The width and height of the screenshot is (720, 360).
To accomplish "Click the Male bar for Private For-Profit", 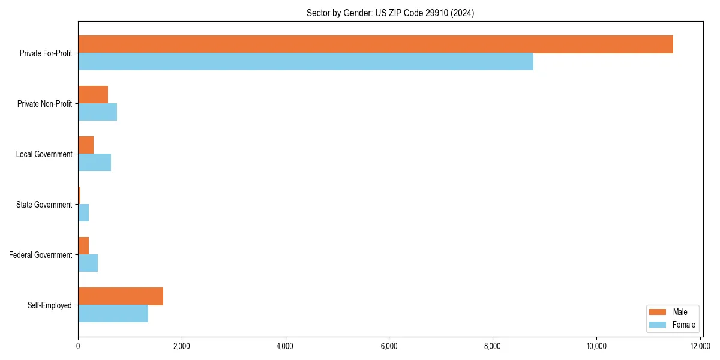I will click(376, 44).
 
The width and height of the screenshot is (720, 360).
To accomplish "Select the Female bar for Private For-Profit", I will click(305, 62).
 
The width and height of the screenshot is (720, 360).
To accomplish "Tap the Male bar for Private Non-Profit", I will click(93, 95).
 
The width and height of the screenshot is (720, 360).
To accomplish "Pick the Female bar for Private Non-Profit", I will click(97, 112).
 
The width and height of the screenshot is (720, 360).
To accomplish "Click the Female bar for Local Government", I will click(94, 163).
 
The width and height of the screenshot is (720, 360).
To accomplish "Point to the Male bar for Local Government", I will click(86, 145).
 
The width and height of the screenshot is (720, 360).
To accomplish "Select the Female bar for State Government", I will click(83, 213).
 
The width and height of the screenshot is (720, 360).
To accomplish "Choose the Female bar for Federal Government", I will click(88, 263).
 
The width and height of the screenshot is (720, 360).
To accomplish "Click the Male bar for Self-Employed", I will click(121, 296).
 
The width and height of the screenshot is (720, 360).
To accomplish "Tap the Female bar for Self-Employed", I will click(113, 314).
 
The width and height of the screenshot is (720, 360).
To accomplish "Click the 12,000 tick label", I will click(700, 346).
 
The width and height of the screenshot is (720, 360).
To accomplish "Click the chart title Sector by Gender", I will click(390, 13).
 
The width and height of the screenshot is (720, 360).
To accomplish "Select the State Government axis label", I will click(44, 205).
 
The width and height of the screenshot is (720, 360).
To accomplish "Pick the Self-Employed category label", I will click(50, 305).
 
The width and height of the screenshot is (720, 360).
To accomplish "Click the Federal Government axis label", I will click(41, 255).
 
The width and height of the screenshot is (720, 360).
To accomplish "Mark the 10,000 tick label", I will click(596, 346).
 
